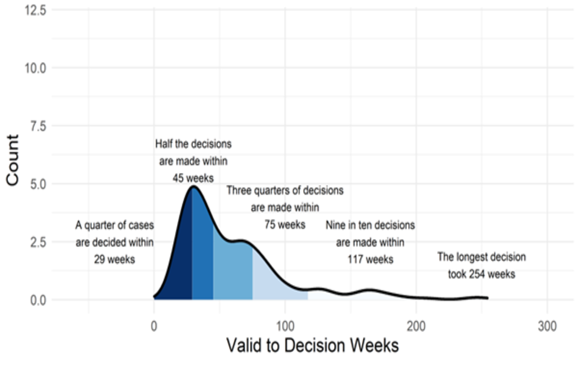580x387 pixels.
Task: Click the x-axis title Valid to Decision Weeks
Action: coord(312,346)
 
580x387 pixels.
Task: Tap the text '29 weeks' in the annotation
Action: coord(114,259)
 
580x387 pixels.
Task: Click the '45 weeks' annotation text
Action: coord(193,178)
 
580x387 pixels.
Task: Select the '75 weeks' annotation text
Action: coord(285,224)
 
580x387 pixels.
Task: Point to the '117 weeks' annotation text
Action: coord(370,259)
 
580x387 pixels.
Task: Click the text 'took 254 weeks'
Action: coord(482,274)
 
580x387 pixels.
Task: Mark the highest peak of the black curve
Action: coord(193,187)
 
